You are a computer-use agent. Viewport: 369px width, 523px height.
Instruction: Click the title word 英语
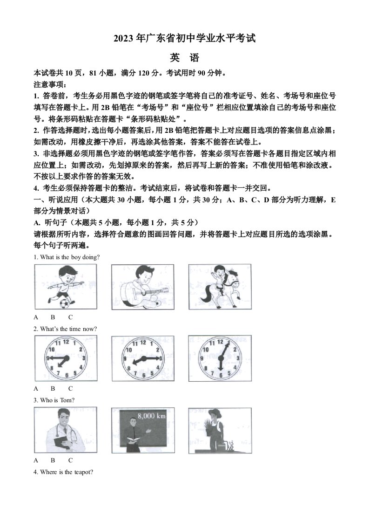[184, 58]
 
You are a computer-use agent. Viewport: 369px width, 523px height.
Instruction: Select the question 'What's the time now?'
[65, 329]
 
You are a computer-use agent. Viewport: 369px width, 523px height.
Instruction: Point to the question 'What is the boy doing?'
[67, 257]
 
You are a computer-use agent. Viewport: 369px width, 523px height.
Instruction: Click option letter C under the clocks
[70, 388]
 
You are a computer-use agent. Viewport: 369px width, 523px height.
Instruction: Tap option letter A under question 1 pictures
[36, 317]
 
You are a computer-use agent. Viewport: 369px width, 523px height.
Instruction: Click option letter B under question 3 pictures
[53, 460]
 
